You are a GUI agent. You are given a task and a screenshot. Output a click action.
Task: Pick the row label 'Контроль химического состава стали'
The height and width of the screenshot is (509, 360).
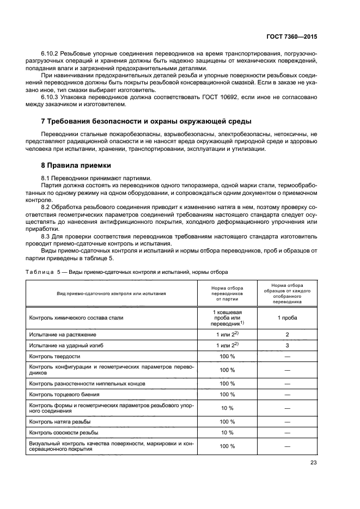[76, 318]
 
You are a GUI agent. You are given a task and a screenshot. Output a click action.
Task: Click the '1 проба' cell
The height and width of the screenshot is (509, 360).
[287, 318]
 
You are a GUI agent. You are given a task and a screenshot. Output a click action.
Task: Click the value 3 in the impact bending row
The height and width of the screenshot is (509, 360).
[287, 345]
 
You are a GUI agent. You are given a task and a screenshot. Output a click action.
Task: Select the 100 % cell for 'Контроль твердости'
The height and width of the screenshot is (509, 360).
[227, 357]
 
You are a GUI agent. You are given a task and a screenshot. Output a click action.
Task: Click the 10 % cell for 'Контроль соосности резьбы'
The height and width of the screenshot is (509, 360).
[227, 433]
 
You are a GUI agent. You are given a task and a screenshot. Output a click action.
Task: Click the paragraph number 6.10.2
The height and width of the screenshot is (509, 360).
[51, 54]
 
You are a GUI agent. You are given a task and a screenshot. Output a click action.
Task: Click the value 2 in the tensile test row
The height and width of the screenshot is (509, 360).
[287, 334]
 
